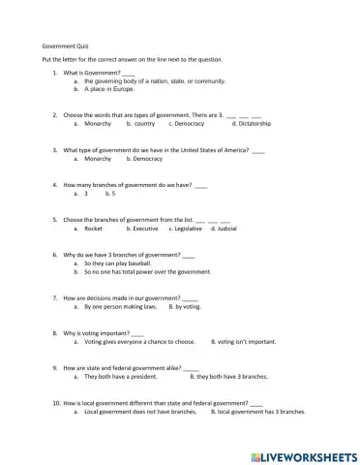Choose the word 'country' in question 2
click(x=142, y=124)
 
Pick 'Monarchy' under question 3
click(x=98, y=158)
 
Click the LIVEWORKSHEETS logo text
click(x=306, y=453)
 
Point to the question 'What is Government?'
click(x=92, y=73)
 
